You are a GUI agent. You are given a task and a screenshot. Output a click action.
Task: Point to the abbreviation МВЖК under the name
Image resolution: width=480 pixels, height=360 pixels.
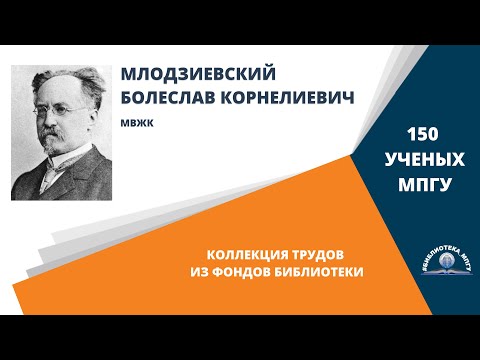point(134,125)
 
